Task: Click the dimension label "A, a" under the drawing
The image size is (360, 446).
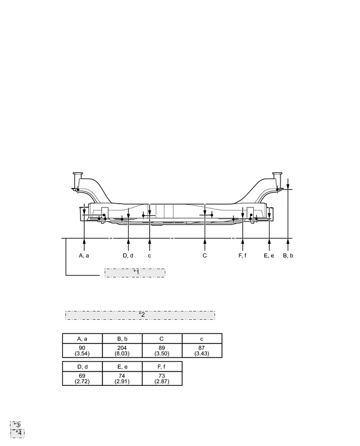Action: pyautogui.click(x=84, y=255)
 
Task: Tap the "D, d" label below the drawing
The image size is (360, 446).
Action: pyautogui.click(x=128, y=255)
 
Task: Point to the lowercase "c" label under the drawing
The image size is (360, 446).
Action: pyautogui.click(x=150, y=255)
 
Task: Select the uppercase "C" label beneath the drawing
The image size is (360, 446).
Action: pyautogui.click(x=205, y=255)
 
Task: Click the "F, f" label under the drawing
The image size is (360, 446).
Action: pyautogui.click(x=242, y=255)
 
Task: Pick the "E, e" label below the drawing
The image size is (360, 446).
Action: pyautogui.click(x=269, y=255)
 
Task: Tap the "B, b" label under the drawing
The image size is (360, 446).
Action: pyautogui.click(x=288, y=255)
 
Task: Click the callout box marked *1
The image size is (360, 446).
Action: pyautogui.click(x=135, y=273)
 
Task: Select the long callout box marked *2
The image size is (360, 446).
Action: pyautogui.click(x=140, y=315)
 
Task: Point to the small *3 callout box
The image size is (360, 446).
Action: pyautogui.click(x=17, y=425)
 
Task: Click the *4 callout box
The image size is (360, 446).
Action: pyautogui.click(x=18, y=432)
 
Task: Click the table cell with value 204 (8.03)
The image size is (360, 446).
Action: pyautogui.click(x=122, y=351)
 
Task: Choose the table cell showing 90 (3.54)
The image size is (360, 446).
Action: pyautogui.click(x=82, y=351)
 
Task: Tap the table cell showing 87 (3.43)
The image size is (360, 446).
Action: pyautogui.click(x=202, y=351)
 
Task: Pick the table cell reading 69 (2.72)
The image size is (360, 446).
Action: pyautogui.click(x=82, y=378)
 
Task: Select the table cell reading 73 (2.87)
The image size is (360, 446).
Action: pyautogui.click(x=162, y=378)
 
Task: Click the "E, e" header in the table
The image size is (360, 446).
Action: pyautogui.click(x=122, y=366)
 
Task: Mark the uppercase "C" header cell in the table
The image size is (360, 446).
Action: pyautogui.click(x=162, y=338)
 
